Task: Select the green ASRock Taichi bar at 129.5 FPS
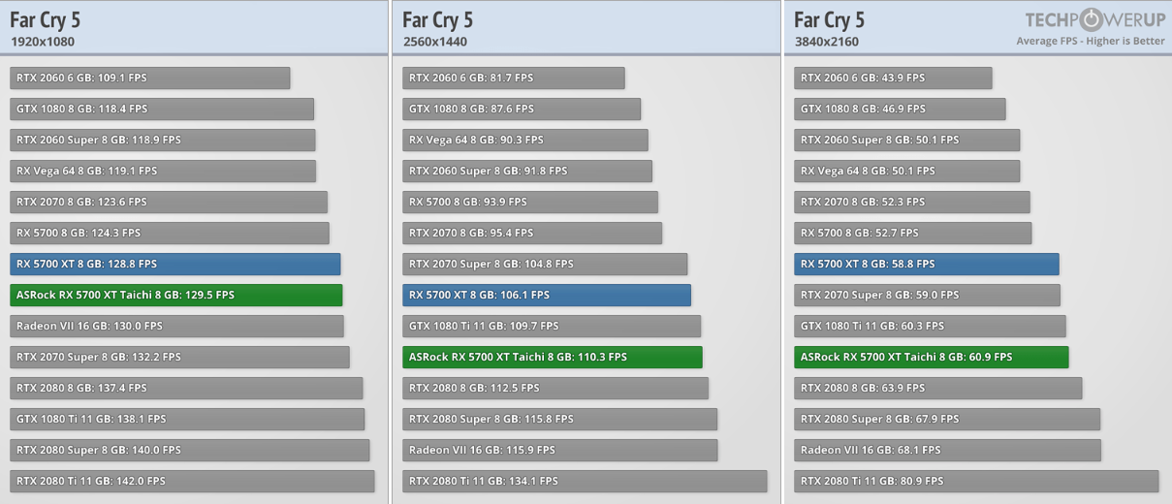pos(175,295)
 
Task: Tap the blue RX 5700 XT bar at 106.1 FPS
pos(546,295)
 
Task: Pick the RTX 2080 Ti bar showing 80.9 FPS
pos(975,481)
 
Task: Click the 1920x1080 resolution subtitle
pos(43,42)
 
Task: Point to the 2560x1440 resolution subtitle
pos(435,42)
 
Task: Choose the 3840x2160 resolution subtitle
pos(827,42)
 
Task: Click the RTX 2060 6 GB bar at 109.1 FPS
pos(149,78)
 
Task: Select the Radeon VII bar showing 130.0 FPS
pos(176,326)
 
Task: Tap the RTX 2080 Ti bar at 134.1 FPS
pos(585,481)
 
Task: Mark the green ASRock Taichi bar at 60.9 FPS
pos(931,357)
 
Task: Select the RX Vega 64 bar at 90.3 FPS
pos(524,140)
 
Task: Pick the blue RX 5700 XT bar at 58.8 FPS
pos(926,264)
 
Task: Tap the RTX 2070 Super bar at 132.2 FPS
pos(179,357)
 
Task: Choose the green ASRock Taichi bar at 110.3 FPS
pos(552,357)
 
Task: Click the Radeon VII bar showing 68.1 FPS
pos(947,450)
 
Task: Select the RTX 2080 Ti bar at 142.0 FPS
pos(192,481)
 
